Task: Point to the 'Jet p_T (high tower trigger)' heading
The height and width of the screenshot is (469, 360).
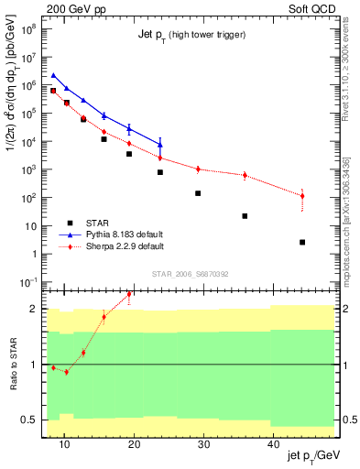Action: [190, 35]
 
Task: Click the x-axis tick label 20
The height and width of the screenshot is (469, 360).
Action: [134, 445]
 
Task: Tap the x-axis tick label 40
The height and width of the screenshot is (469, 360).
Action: [273, 445]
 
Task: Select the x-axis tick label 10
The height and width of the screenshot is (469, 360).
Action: [64, 445]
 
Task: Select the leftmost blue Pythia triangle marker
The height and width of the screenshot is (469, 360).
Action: [53, 75]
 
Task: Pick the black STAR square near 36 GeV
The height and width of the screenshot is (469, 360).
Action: [245, 216]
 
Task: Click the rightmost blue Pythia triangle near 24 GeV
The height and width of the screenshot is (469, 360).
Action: [160, 144]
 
